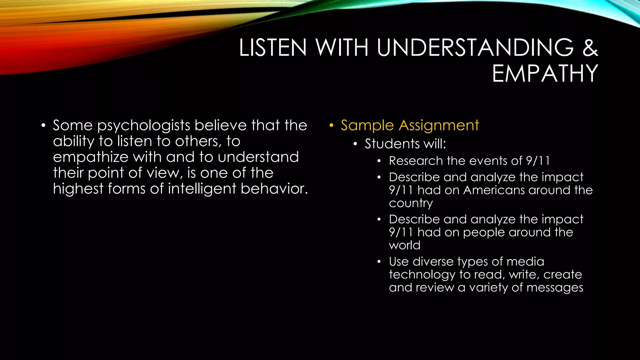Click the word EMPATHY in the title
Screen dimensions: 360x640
click(545, 74)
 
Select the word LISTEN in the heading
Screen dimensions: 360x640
click(273, 48)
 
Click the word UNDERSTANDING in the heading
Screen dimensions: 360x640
click(475, 48)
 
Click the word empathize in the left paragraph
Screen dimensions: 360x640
click(91, 157)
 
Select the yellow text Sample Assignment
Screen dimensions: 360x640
click(409, 126)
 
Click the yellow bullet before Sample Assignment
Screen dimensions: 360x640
click(331, 126)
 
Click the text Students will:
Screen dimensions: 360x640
click(405, 144)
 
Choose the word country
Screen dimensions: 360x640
click(411, 203)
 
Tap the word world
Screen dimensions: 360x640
click(404, 245)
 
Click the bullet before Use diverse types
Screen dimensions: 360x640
click(379, 262)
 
